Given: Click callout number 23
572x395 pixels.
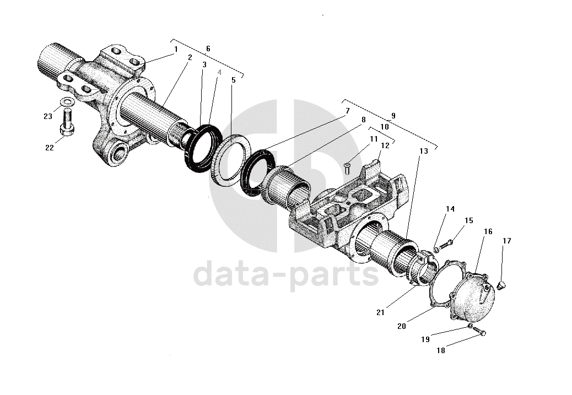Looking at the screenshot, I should tap(48, 116).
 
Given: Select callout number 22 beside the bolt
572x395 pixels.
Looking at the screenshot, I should tap(50, 148).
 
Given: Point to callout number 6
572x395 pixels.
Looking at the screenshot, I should tap(208, 48).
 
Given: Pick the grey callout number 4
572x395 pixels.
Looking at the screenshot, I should tap(219, 72).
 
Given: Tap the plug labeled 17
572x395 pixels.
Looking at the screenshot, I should tap(501, 284).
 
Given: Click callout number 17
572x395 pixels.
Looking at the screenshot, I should tap(506, 241).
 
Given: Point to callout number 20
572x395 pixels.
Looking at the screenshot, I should tap(401, 326).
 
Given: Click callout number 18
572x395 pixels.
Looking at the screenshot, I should tap(441, 349).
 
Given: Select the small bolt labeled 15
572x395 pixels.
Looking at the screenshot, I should tap(446, 241).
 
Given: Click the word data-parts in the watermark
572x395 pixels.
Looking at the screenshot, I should tap(286, 274).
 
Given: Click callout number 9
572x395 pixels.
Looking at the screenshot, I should tap(393, 116).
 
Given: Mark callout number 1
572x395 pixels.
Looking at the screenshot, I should tap(176, 49).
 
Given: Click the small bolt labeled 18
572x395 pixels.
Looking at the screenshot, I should tap(481, 332).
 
